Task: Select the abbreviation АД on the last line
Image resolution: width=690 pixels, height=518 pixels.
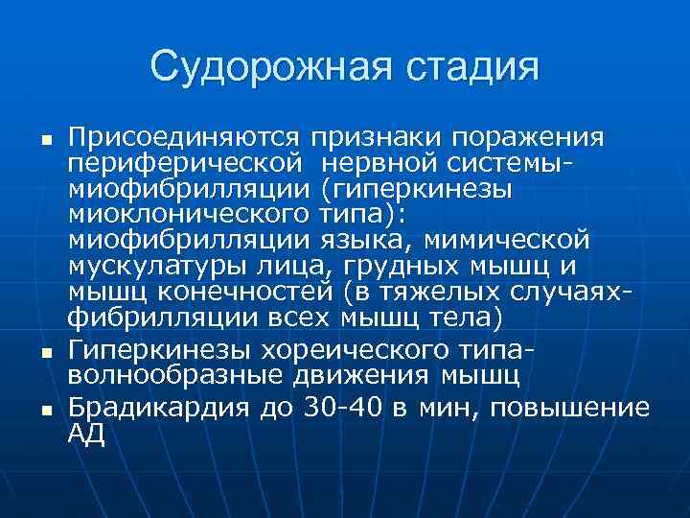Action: click(x=84, y=433)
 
